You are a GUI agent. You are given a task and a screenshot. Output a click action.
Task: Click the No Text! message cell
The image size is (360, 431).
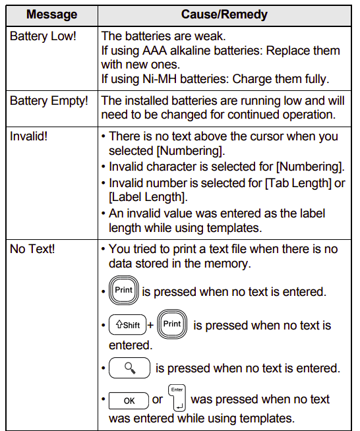[x=31, y=250]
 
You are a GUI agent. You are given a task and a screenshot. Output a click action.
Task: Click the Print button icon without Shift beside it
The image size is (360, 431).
[x=124, y=290]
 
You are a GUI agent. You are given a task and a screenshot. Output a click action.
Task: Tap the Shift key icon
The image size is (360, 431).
[x=127, y=325]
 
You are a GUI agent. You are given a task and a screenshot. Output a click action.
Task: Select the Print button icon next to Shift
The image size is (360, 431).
[x=172, y=324]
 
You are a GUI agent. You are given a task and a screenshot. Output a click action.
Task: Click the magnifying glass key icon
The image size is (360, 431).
[x=130, y=368]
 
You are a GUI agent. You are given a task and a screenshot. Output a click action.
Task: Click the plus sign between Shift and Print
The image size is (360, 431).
[x=150, y=325]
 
